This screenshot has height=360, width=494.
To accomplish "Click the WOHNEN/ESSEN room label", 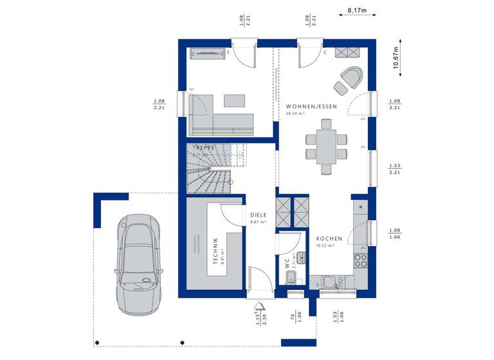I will coord(311,106).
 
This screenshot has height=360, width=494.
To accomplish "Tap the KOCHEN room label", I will coord(328,239).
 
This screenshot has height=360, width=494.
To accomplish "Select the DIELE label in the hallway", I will coord(258,216).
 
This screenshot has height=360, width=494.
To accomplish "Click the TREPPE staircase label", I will coord(201,147).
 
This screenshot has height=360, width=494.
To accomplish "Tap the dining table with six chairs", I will coord(327,145).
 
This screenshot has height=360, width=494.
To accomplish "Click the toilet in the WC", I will coord(290,278).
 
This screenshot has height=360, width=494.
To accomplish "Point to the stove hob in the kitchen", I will coord(361,260).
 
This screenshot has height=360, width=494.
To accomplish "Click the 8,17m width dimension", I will coord(357,11).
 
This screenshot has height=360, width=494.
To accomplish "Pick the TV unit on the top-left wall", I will coord(208,53).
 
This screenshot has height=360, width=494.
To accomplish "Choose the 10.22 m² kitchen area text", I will coord(325,246).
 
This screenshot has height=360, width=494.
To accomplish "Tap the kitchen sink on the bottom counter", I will coord(332,281).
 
